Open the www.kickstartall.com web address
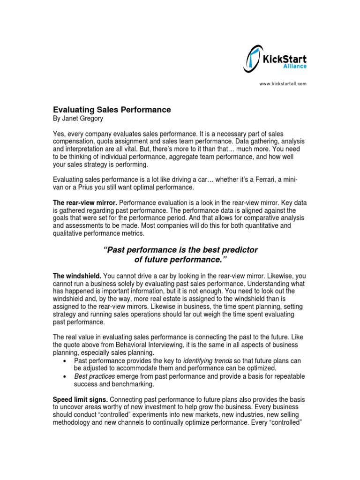pyautogui.click(x=283, y=84)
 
